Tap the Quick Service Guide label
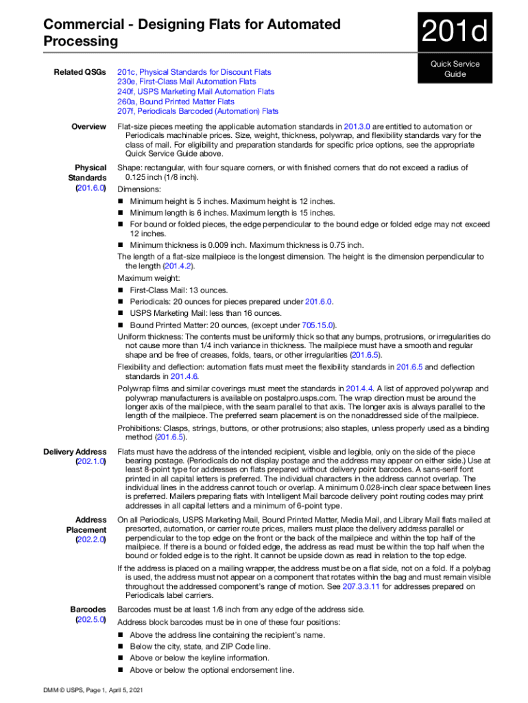pos(455,69)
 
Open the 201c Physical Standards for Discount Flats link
pos(194,72)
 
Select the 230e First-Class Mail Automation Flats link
pos(187,82)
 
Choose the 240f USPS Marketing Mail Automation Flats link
pos(195,91)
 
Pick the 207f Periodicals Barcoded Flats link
pos(197,111)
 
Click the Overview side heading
pos(88,126)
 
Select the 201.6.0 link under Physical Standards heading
pos(91,188)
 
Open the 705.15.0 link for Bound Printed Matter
pos(319,325)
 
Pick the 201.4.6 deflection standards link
pos(184,376)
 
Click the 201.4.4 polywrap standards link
pos(359,389)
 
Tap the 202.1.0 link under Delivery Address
pos(91,462)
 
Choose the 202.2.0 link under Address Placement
pos(91,540)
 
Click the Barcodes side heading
pos(88,609)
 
